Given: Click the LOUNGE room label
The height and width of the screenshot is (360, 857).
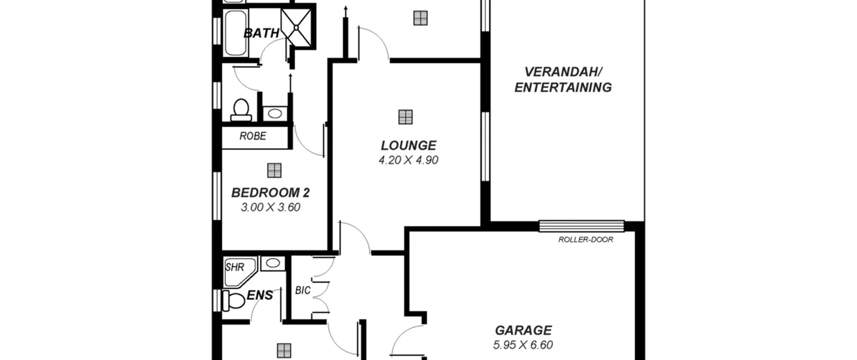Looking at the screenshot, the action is tap(408, 145).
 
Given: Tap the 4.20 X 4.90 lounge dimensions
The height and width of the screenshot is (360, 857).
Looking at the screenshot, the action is tap(408, 160).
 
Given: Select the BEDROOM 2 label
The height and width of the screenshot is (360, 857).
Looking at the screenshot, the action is tap(270, 193).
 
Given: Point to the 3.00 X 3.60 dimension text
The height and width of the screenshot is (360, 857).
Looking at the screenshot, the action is tap(270, 207).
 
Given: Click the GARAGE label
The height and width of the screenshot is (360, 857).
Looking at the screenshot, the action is tap(523, 330).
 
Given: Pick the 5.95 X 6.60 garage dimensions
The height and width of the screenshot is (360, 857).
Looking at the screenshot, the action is tap(523, 345).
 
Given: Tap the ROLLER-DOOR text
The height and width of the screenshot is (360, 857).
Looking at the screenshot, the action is tap(586, 239).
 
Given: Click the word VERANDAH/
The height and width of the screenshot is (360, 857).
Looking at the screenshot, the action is tap(563, 72).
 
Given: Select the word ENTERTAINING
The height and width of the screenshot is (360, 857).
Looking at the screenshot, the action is tap(563, 87).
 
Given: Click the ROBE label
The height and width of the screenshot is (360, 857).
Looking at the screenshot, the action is tap(253, 136).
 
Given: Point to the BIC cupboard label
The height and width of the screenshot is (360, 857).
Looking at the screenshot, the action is tap(303, 290).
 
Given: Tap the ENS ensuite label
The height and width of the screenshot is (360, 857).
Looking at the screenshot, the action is tap(260, 295).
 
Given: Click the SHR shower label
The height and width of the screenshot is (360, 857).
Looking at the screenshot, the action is tap(235, 267).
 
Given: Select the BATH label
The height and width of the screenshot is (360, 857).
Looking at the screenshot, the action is tap(261, 33).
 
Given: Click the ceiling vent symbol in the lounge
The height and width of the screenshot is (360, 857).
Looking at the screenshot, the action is tap(405, 117).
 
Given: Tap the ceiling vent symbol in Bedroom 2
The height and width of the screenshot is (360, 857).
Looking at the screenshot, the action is tap(274, 170).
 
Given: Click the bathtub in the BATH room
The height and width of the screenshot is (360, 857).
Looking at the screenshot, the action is tap(236, 33).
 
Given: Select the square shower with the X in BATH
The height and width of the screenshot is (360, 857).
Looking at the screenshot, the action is tap(296, 27).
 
